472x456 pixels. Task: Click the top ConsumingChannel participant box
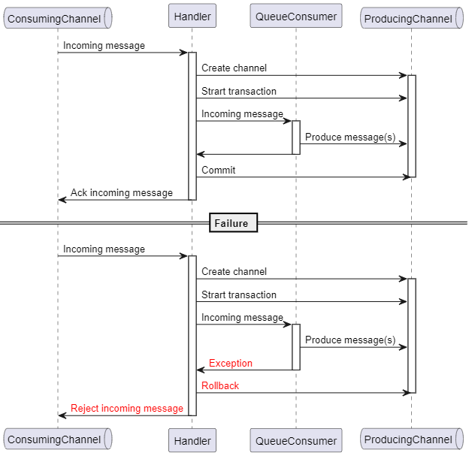point(58,18)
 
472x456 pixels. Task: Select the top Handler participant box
point(192,16)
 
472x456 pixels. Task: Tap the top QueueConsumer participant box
point(296,16)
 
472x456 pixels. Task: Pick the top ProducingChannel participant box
point(412,18)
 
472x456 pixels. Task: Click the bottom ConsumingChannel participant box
point(58,439)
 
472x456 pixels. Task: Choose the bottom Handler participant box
point(192,440)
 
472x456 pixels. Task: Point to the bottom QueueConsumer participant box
point(296,440)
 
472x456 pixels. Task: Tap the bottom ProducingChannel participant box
point(412,439)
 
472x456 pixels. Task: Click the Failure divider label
point(233,223)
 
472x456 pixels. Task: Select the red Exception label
point(231,363)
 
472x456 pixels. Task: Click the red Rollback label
point(220,385)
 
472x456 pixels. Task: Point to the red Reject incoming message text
point(127,408)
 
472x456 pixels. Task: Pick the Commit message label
point(218,170)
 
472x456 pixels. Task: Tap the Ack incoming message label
point(122,192)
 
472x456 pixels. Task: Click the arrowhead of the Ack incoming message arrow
point(62,200)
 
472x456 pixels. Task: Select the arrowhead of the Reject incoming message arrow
point(62,415)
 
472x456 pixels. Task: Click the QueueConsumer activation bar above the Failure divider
point(296,137)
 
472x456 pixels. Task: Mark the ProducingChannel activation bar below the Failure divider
point(412,336)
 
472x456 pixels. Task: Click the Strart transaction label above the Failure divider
point(239,91)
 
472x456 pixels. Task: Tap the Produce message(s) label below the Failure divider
point(350,340)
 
